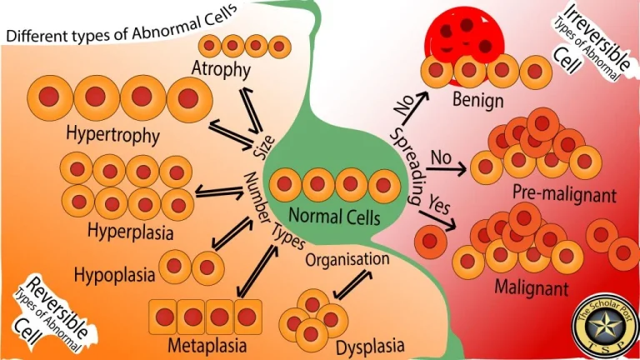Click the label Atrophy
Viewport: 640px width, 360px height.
point(220,69)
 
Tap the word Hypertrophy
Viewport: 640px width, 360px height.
point(112,132)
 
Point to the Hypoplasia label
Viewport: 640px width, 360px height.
point(113,273)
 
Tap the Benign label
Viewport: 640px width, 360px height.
point(478,101)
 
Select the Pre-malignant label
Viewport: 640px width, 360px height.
point(564,195)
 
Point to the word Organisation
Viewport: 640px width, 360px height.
point(347,258)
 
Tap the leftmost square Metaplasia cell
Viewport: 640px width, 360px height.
point(164,316)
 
